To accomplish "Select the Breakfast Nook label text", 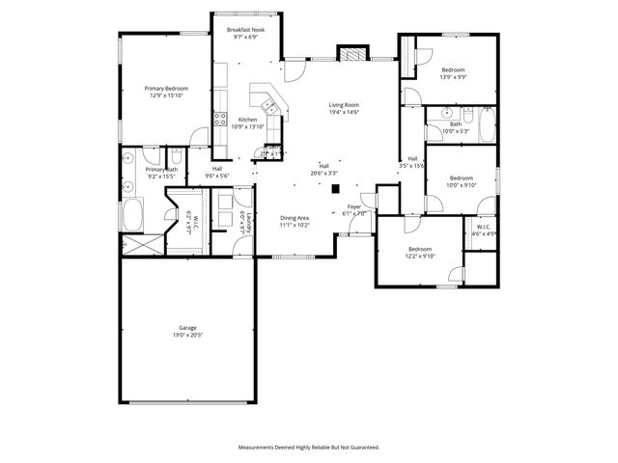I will pyautogui.click(x=246, y=30).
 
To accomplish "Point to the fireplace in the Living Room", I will pyautogui.click(x=354, y=54).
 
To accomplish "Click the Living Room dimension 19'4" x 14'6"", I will pyautogui.click(x=344, y=113).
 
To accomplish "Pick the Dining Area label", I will pyautogui.click(x=295, y=218).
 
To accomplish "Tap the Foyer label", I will pyautogui.click(x=354, y=205).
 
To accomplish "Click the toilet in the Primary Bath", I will pyautogui.click(x=176, y=158).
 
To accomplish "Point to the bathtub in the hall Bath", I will pyautogui.click(x=485, y=123).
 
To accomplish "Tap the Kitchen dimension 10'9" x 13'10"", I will pyautogui.click(x=247, y=126).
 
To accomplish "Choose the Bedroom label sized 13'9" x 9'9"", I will pyautogui.click(x=454, y=69).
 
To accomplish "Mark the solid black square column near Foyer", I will pyautogui.click(x=335, y=189).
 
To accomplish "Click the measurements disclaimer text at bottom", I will pyautogui.click(x=309, y=447).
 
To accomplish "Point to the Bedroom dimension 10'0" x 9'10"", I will pyautogui.click(x=461, y=185).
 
